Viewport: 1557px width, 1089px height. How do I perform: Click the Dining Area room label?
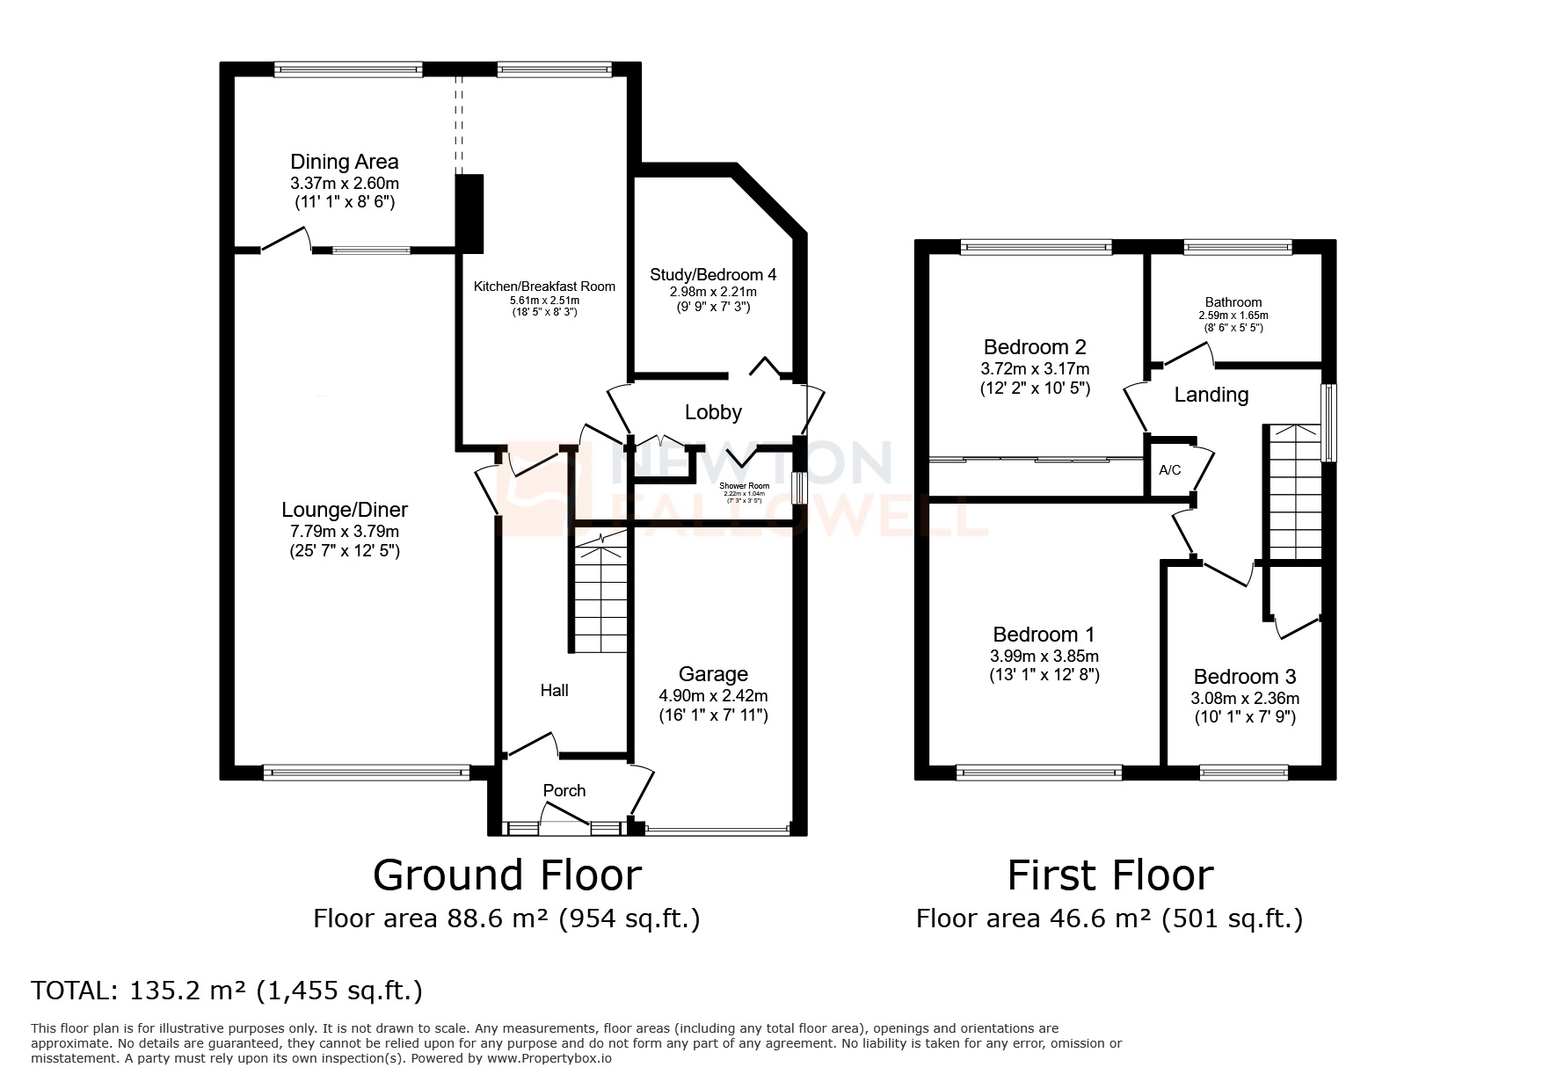tap(344, 162)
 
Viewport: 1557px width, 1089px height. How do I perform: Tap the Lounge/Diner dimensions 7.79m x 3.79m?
tap(344, 532)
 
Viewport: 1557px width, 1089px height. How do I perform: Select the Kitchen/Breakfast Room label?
tap(544, 287)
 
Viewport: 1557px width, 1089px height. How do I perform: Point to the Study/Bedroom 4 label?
tap(713, 274)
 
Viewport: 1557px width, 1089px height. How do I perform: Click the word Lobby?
tap(713, 411)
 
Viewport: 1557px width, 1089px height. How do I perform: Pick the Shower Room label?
tap(744, 486)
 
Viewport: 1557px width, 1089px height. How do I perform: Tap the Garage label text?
tap(713, 674)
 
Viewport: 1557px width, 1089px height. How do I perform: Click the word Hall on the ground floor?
tap(554, 691)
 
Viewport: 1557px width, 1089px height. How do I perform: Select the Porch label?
tap(564, 790)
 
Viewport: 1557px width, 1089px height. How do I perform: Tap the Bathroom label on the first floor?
tap(1233, 302)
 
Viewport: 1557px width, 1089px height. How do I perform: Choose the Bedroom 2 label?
tap(1035, 346)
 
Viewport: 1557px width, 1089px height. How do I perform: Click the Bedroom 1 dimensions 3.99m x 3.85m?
tap(1044, 657)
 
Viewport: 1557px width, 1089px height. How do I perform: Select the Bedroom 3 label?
tap(1244, 677)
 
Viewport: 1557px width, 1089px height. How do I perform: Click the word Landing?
tap(1211, 395)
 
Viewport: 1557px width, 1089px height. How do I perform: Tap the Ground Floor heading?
tap(507, 875)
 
